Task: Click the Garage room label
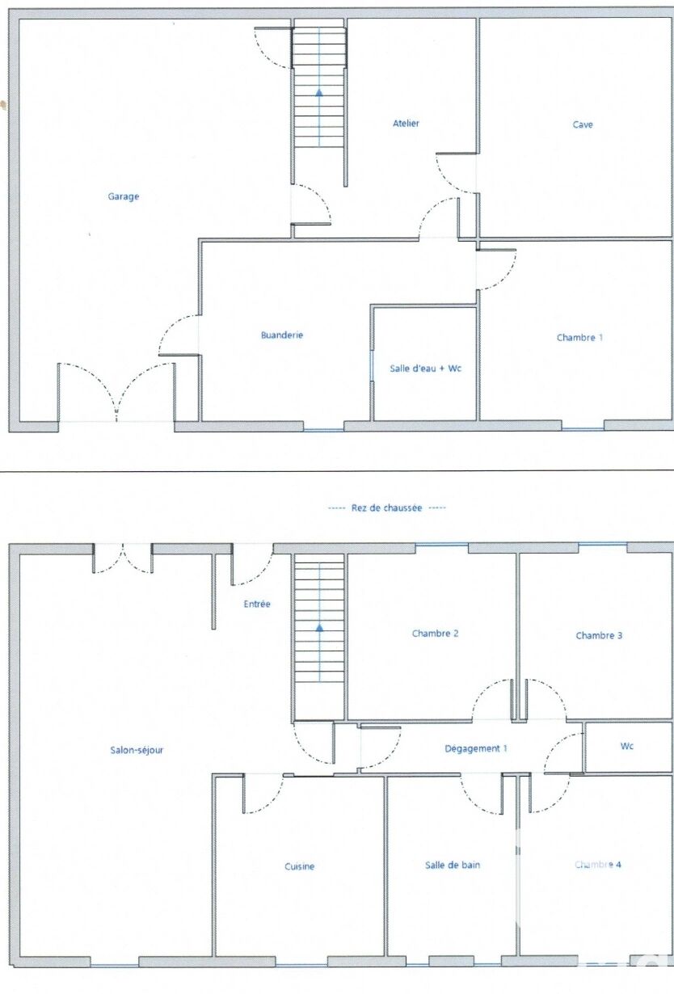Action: (124, 196)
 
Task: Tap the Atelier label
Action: (406, 124)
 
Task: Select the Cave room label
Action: (583, 124)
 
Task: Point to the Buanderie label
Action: (282, 335)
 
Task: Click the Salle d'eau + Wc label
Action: (426, 368)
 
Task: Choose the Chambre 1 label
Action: (579, 337)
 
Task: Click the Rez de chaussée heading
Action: (386, 508)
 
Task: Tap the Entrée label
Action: (257, 604)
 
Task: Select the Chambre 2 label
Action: (435, 634)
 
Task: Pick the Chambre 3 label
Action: (599, 635)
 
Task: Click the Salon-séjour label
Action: (137, 750)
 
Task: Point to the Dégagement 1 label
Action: (476, 748)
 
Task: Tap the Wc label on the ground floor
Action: (626, 746)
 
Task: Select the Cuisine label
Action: (300, 866)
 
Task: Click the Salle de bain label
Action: (453, 865)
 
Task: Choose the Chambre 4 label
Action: (598, 865)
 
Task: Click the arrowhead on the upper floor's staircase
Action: (319, 92)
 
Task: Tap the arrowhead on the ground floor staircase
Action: (319, 627)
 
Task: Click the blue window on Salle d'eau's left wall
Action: (372, 365)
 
